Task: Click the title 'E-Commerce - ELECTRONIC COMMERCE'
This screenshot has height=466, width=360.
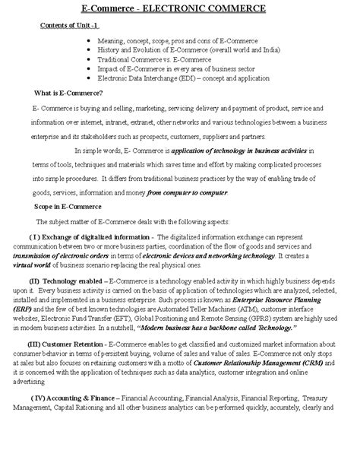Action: tap(179, 8)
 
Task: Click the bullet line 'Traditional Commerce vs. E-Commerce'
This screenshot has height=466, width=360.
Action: tap(152, 59)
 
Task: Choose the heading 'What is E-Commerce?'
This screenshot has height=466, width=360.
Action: tap(68, 93)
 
